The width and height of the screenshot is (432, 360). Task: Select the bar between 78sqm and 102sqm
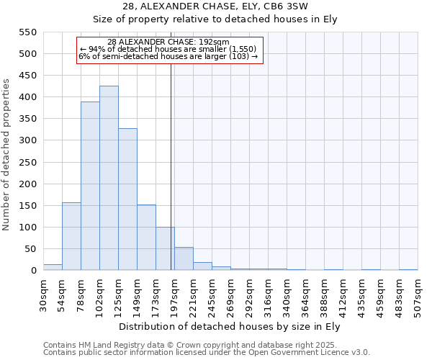90,186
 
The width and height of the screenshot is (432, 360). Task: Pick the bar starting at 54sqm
71,237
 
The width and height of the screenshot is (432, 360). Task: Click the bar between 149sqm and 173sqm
146,238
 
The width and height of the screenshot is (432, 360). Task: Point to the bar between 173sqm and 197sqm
165,249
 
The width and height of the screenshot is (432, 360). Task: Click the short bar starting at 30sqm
53,267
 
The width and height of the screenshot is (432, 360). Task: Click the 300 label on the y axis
27,140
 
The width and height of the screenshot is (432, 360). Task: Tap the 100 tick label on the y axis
27,228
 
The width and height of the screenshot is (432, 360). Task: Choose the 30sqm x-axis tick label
44,295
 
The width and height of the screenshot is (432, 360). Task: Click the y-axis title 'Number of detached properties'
7,155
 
